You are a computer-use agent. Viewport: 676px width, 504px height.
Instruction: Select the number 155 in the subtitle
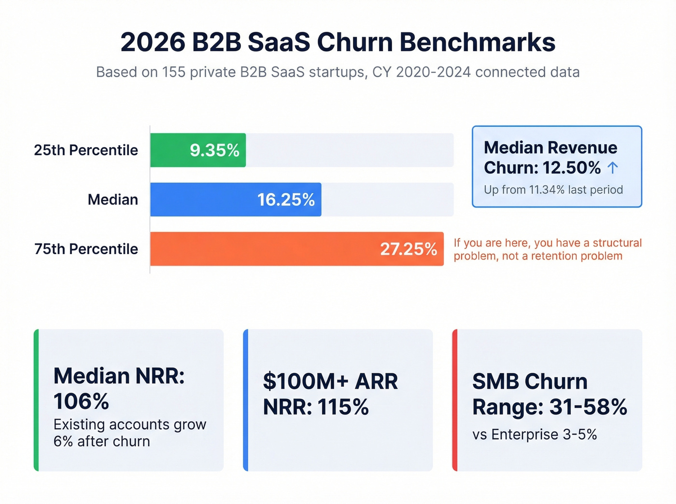(173, 72)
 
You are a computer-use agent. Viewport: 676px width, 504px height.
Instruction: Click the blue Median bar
(203, 200)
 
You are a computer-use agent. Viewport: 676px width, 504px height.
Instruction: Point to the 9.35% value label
(214, 150)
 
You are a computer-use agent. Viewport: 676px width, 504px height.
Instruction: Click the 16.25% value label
(286, 200)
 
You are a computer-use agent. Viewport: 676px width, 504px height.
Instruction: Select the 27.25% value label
(408, 249)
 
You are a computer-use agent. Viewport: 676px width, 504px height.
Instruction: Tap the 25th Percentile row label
(86, 150)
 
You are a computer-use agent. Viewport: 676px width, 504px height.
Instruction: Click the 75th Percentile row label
(86, 249)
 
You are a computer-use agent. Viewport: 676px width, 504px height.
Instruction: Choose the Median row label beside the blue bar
(113, 200)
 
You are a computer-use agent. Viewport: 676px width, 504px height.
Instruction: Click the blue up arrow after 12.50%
(613, 168)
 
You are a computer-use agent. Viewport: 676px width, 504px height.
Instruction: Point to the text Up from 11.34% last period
(553, 190)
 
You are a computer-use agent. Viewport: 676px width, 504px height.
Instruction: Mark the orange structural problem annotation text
(548, 249)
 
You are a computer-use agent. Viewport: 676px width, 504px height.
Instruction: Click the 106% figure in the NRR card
(81, 401)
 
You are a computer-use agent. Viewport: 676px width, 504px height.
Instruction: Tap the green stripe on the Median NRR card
(36, 400)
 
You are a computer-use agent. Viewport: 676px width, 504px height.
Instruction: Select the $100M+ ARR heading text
(330, 381)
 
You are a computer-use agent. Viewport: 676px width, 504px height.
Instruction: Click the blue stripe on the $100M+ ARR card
(246, 400)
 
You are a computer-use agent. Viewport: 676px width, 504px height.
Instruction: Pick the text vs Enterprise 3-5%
(535, 435)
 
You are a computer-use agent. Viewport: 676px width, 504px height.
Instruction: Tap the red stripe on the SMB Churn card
(455, 400)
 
